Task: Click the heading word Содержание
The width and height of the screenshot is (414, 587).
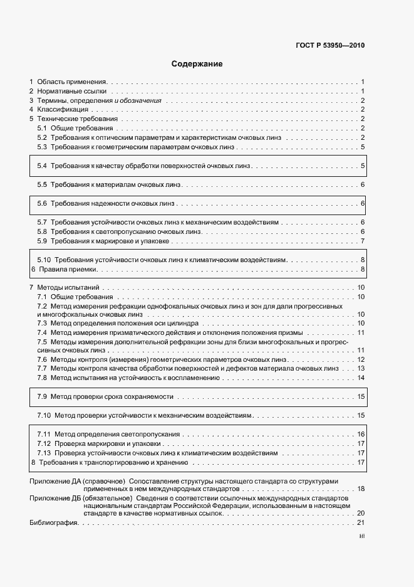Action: (x=197, y=64)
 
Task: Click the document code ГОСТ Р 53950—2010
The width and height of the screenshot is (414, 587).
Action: (x=329, y=45)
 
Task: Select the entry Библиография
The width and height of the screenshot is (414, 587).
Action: (x=53, y=522)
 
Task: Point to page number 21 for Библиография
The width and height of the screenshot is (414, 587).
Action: (x=360, y=522)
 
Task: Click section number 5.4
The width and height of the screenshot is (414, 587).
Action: (x=42, y=166)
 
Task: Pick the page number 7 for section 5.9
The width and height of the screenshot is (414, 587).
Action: (x=363, y=241)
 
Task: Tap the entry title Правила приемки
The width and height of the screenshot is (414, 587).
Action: (x=68, y=269)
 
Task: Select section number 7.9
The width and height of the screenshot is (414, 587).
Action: (x=42, y=397)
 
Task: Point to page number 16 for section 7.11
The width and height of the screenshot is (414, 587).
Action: (x=361, y=434)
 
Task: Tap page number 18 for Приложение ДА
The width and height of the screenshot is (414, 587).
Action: (x=360, y=488)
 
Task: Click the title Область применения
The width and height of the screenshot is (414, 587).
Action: (x=72, y=82)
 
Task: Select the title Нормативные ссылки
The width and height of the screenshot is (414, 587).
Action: (x=72, y=91)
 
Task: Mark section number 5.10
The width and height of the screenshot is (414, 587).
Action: (x=44, y=260)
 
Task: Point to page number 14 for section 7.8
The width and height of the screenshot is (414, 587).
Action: (x=361, y=378)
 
